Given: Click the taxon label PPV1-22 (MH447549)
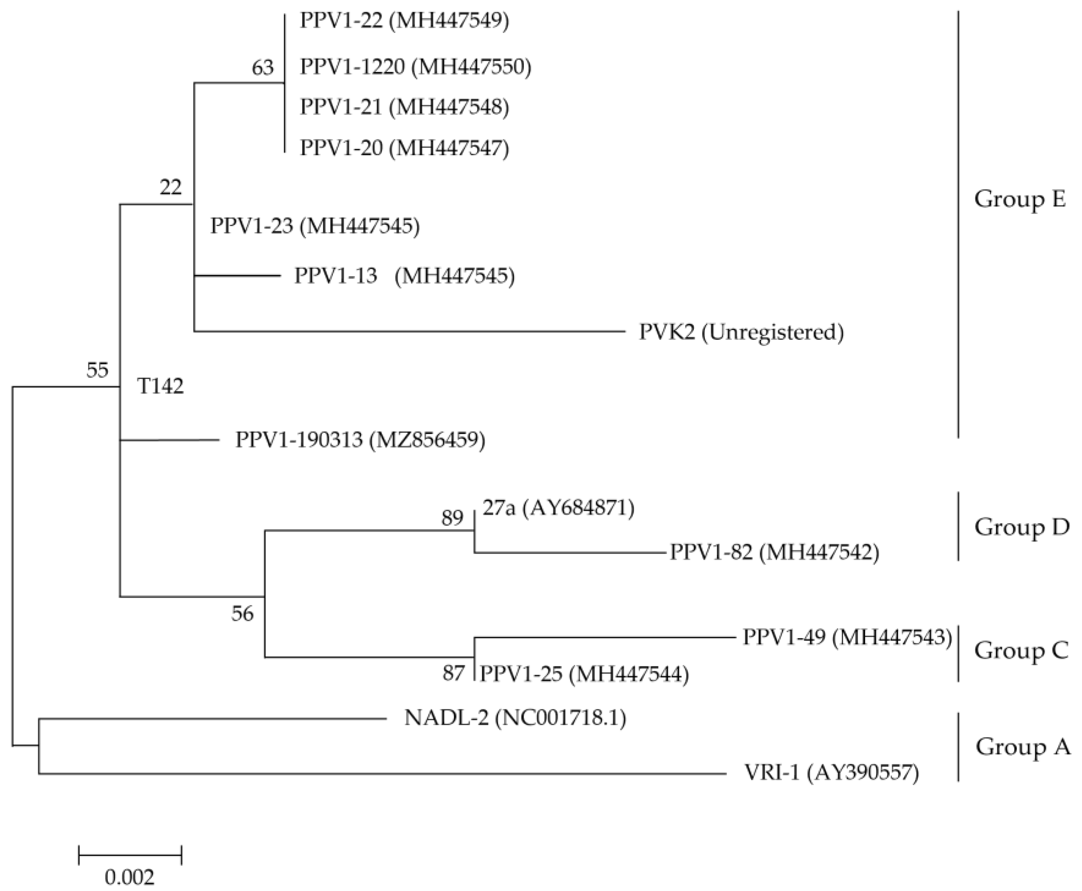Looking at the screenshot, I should click(404, 22).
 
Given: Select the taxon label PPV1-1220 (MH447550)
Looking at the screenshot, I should click(415, 67).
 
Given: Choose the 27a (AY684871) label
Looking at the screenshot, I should click(558, 508).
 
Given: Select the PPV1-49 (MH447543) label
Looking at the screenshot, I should click(847, 637).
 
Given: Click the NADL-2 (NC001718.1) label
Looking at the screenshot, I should click(515, 718).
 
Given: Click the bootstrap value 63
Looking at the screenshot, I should click(263, 68).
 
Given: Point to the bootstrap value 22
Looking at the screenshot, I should click(170, 187).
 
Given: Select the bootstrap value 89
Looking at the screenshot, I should click(452, 518).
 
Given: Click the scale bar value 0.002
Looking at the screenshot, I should click(129, 877).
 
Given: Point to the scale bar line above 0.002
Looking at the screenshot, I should click(130, 855).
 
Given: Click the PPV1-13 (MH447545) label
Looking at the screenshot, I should click(404, 276).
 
